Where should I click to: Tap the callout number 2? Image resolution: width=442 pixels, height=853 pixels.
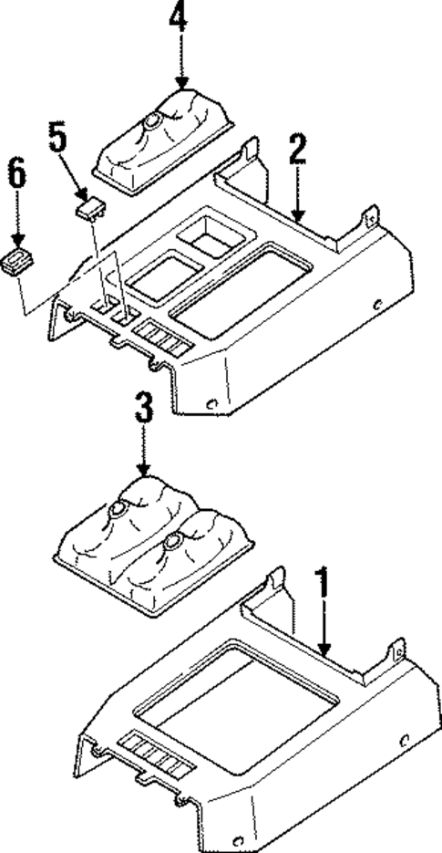[x=296, y=150]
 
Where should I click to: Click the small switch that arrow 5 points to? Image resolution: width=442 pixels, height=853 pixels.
[x=88, y=209]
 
